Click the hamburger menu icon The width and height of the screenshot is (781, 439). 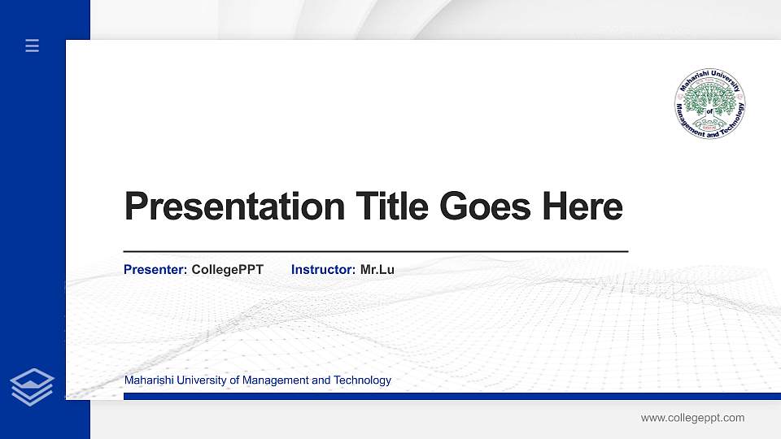33,46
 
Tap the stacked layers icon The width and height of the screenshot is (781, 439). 33,386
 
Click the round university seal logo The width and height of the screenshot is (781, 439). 710,104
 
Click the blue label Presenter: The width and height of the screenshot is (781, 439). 155,269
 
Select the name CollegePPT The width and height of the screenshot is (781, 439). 228,269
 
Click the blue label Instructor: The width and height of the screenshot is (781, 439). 323,269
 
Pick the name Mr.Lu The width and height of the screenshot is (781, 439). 377,269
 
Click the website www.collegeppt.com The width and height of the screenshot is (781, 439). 692,418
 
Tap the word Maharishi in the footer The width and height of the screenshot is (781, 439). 147,380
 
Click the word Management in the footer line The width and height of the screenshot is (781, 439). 277,380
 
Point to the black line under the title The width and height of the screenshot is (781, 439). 375,252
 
